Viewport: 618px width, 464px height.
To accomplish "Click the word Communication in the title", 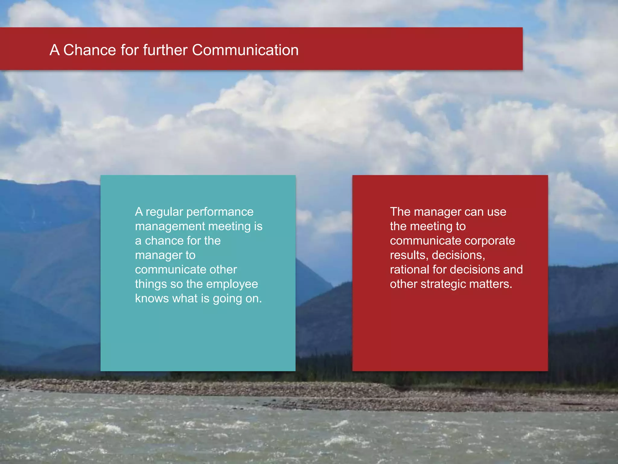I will [245, 50].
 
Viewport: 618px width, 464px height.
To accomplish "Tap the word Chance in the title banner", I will [89, 50].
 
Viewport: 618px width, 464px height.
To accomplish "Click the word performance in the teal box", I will [220, 212].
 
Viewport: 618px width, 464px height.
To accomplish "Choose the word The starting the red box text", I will [400, 212].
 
